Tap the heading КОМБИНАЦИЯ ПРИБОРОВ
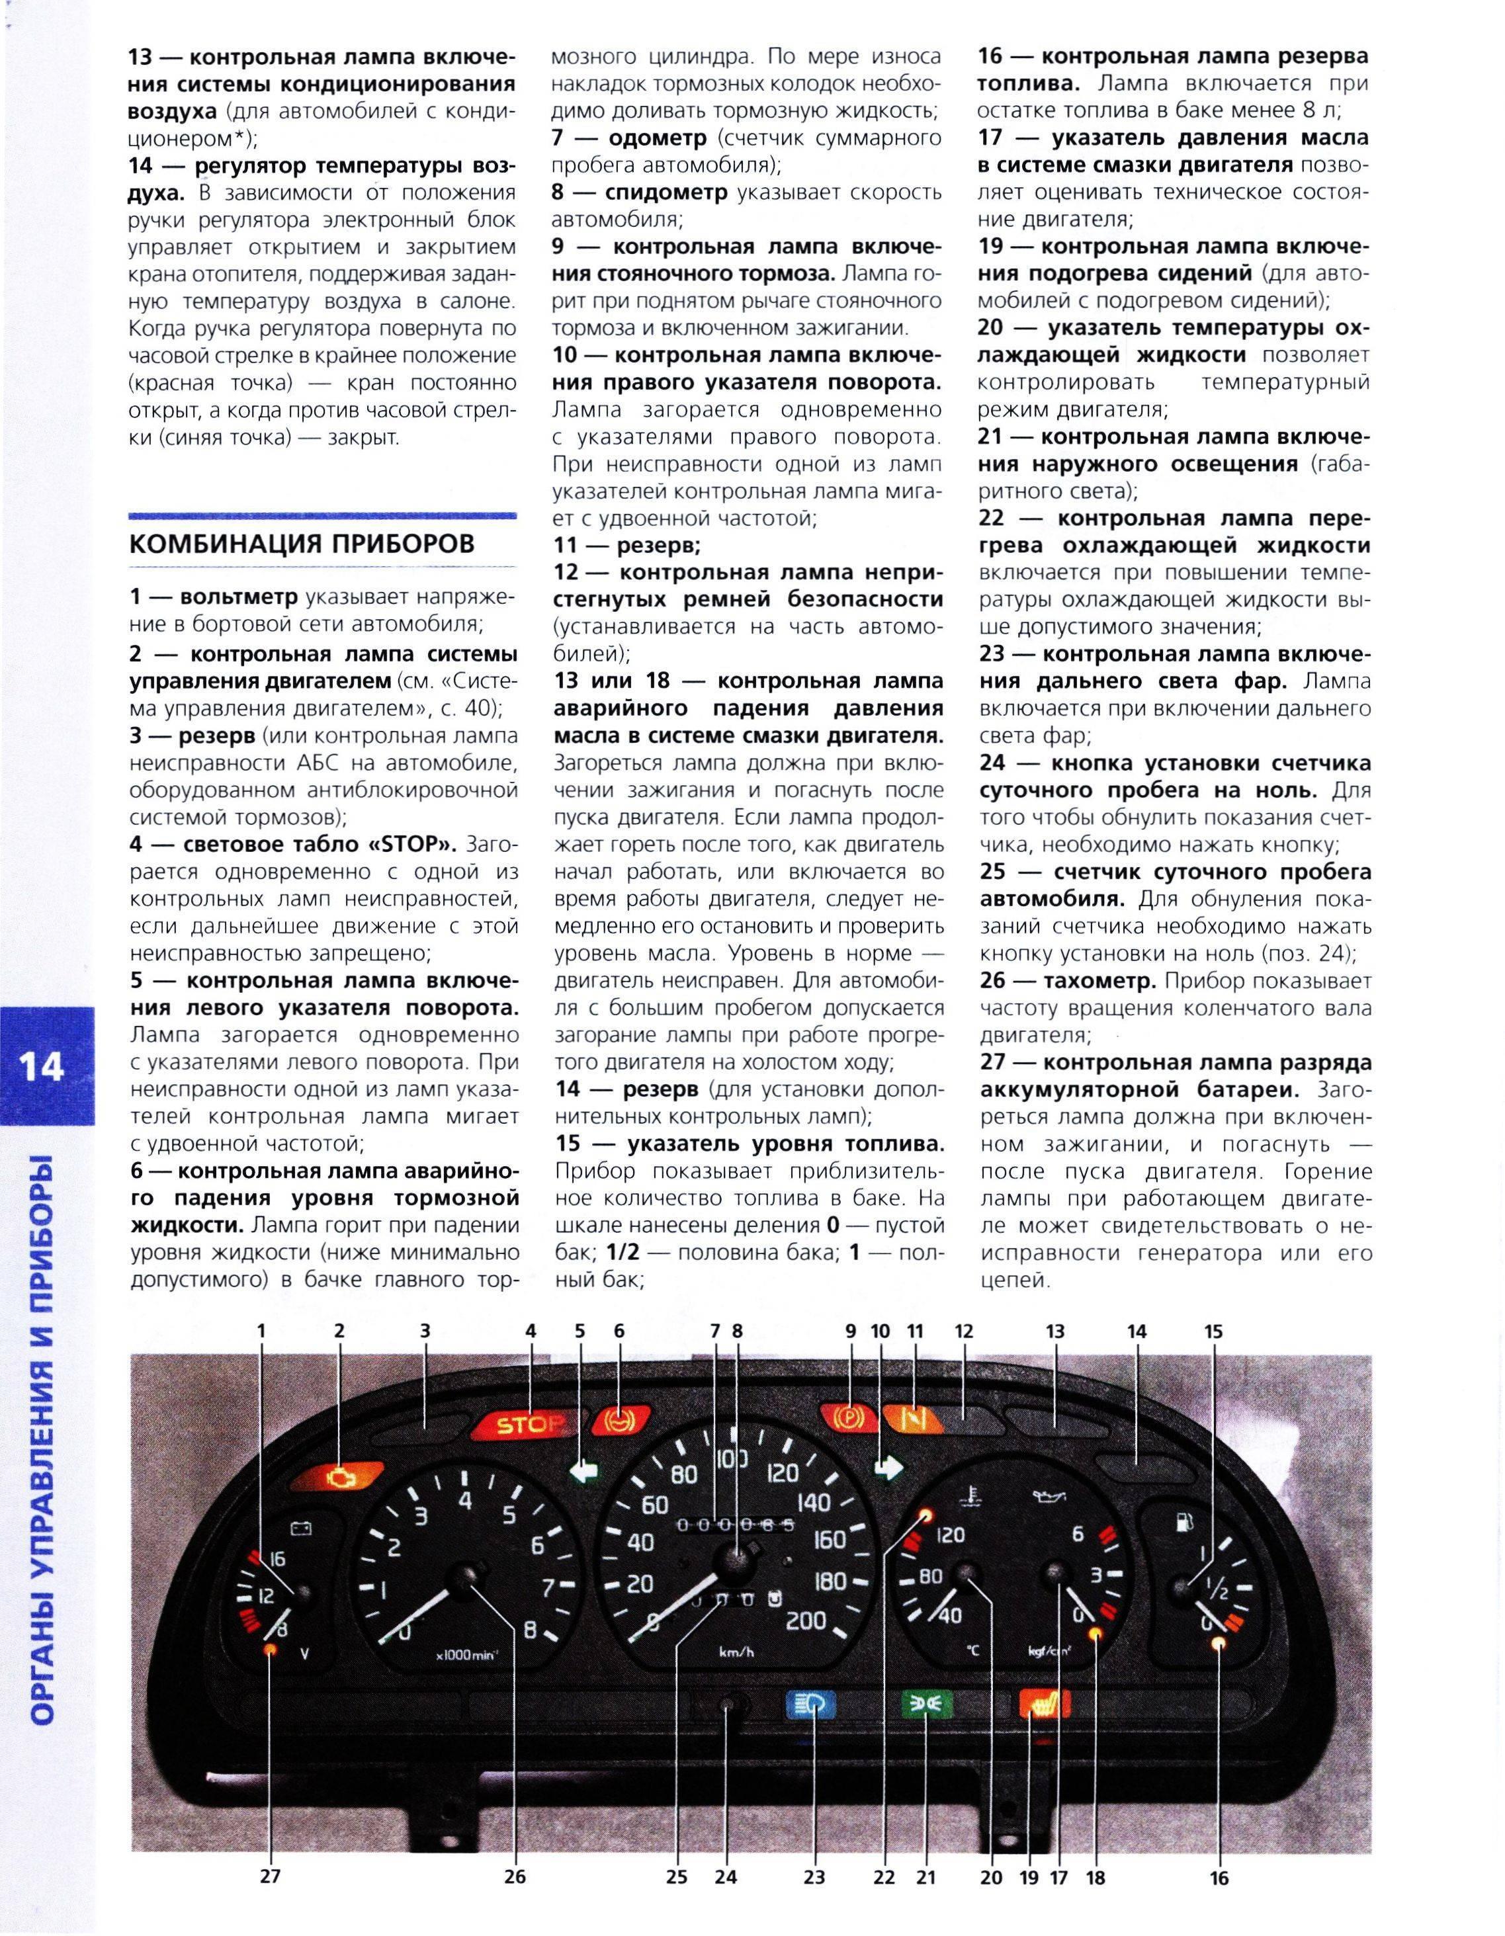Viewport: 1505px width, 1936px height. pyautogui.click(x=302, y=544)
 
